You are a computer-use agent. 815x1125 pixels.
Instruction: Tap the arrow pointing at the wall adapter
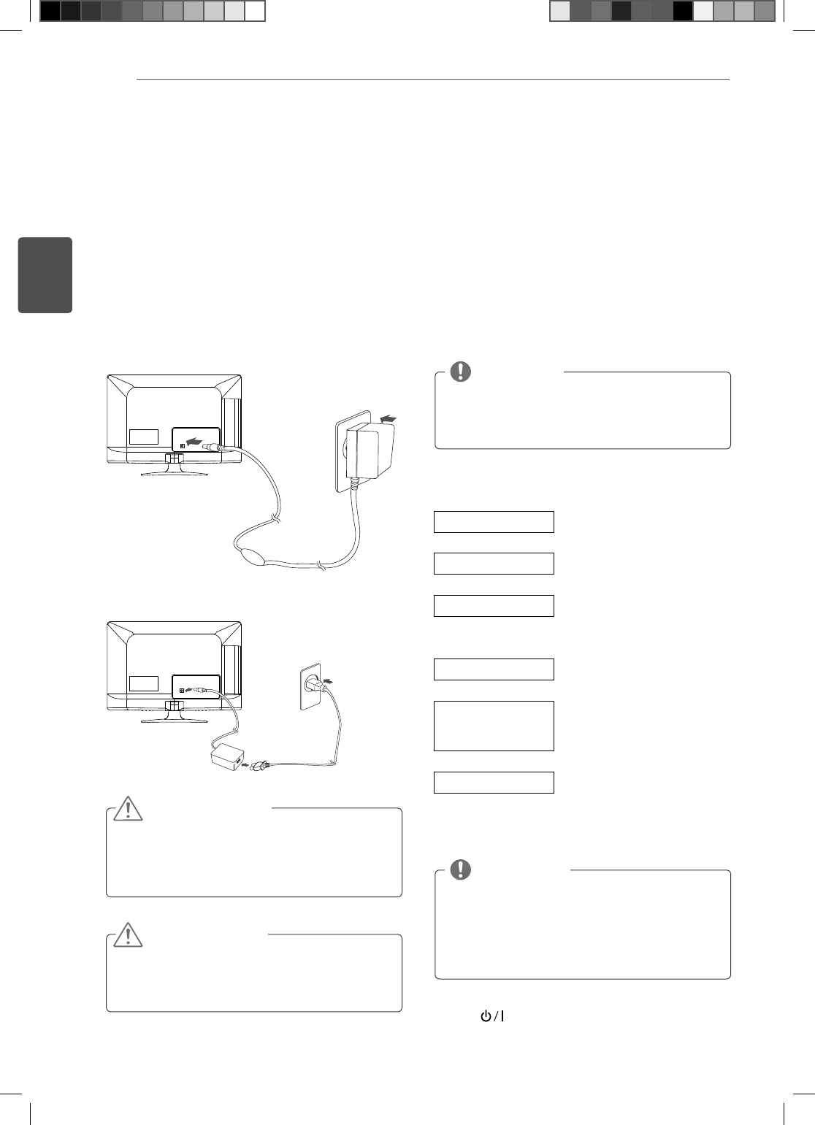389,418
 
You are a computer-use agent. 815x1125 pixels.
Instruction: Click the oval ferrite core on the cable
255,553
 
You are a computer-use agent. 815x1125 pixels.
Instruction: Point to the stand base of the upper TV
174,473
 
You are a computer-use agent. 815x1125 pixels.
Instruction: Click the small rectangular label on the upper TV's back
144,437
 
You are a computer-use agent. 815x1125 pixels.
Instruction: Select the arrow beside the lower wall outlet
332,680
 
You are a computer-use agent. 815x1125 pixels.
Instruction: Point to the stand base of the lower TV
174,720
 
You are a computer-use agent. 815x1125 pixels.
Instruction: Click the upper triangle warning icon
129,809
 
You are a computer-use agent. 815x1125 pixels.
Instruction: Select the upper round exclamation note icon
461,372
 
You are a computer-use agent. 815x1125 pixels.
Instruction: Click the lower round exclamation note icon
461,869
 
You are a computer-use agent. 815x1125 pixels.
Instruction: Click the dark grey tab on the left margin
45,275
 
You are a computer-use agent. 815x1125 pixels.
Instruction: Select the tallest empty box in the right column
494,726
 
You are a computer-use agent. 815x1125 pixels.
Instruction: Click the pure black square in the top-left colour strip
50,11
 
